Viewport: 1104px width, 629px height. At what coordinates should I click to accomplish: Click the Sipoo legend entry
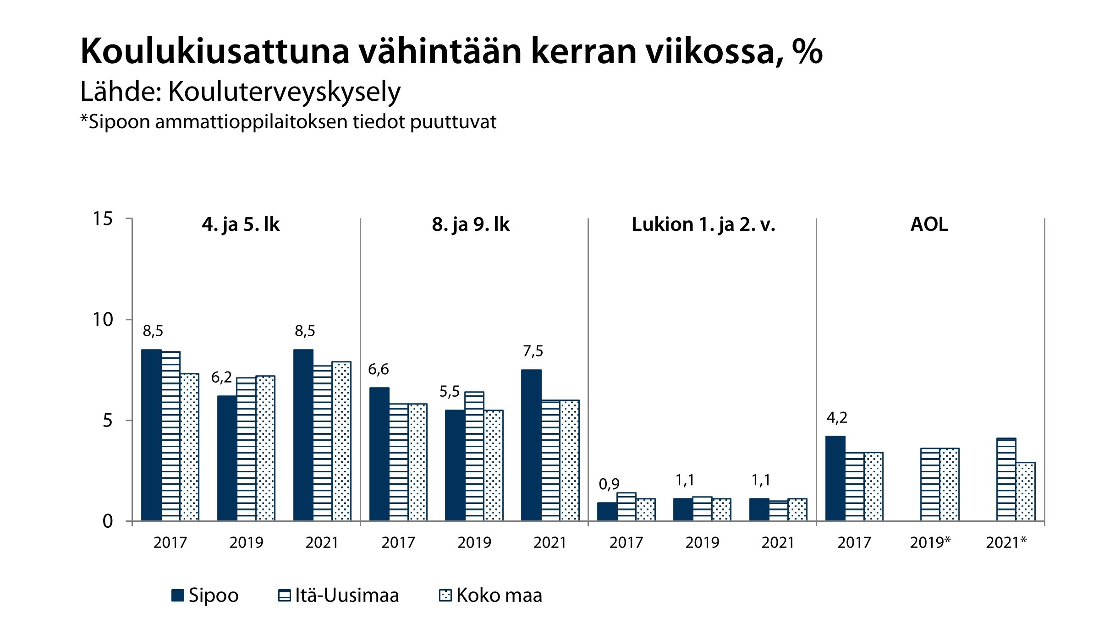(205, 596)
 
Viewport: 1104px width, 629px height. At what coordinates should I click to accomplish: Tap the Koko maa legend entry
(490, 596)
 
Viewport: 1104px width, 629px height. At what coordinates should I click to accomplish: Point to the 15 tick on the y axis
(102, 219)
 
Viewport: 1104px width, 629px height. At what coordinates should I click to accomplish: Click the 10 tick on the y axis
(102, 320)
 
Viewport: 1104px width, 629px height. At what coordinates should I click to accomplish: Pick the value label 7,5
(533, 351)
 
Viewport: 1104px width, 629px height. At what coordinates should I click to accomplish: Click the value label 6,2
(221, 377)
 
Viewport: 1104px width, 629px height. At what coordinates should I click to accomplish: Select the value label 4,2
(837, 418)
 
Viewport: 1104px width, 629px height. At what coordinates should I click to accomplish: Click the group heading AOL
(929, 225)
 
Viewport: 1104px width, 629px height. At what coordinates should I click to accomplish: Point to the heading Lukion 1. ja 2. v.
(703, 225)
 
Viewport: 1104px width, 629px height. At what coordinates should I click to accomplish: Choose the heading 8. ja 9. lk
(471, 225)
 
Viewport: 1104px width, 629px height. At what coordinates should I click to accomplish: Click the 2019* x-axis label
(930, 543)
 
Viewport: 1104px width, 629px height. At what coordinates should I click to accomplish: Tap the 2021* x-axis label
(1006, 543)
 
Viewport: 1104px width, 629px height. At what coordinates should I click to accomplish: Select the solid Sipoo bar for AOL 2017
(835, 479)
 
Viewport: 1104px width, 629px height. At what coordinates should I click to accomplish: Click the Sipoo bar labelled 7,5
(531, 445)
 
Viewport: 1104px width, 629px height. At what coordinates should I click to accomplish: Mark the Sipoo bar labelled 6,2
(227, 458)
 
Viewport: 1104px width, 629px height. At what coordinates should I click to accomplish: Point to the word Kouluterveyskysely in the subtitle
(284, 92)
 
